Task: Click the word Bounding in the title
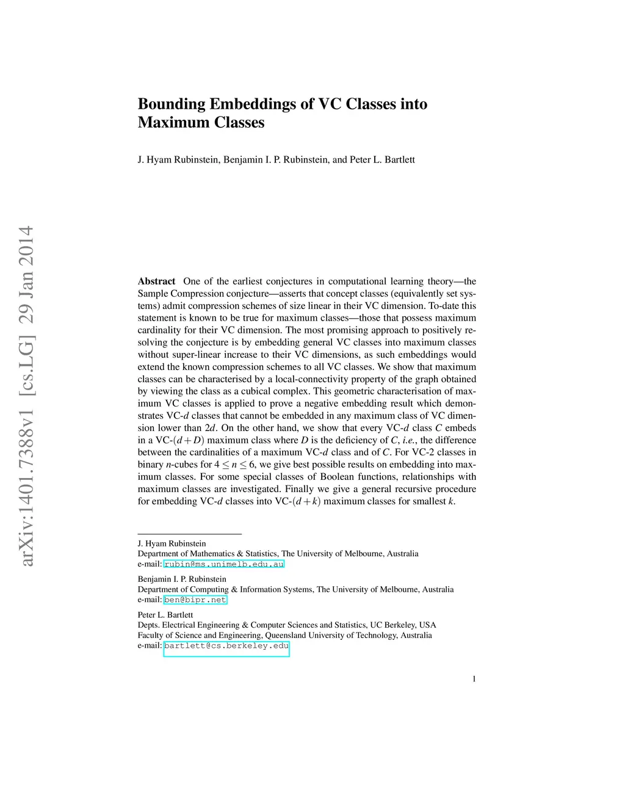(172, 104)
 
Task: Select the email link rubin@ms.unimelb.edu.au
(224, 564)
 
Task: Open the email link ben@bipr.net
(195, 600)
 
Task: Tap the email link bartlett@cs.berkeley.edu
(226, 646)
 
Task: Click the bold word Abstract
(156, 281)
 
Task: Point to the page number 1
(474, 679)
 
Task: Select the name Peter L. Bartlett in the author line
(382, 160)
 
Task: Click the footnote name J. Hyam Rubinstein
(172, 543)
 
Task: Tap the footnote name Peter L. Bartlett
(165, 615)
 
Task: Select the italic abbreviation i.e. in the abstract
(410, 440)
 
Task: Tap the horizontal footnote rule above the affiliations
(189, 534)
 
